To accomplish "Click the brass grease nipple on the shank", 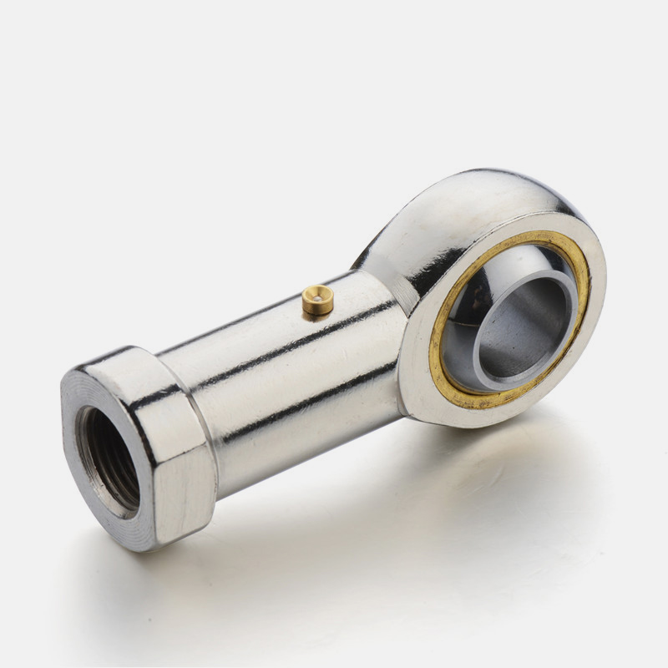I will [x=317, y=301].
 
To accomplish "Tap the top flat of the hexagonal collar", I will [x=125, y=362].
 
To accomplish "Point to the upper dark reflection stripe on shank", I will [x=276, y=330].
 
